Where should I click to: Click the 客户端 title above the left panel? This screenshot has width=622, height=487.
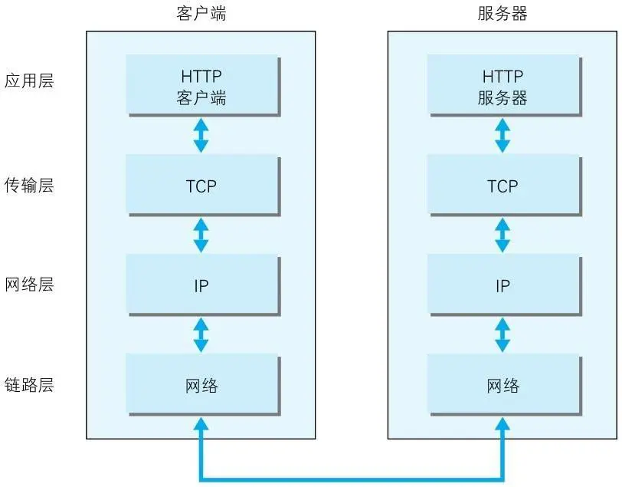click(201, 14)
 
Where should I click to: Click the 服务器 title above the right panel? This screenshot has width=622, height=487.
click(503, 14)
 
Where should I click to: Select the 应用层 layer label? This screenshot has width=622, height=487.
click(29, 81)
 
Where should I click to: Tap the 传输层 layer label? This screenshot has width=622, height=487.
click(29, 185)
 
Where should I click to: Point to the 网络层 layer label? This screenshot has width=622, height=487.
click(29, 285)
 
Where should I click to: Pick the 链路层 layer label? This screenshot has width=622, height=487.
click(29, 384)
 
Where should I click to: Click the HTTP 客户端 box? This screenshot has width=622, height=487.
click(201, 87)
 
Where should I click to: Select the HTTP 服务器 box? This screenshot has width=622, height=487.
click(503, 87)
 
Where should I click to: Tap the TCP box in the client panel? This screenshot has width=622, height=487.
click(201, 186)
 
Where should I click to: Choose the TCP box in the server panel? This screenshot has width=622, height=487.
click(503, 186)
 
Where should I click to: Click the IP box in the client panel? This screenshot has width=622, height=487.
click(201, 285)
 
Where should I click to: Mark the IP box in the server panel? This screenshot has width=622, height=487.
click(503, 285)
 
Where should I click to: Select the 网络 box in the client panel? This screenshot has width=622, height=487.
click(201, 385)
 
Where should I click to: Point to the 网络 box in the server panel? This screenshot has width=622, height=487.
click(503, 385)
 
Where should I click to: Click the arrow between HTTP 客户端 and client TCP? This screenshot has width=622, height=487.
click(201, 136)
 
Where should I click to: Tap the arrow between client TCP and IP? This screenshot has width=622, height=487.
click(201, 235)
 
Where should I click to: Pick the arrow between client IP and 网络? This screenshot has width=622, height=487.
click(201, 334)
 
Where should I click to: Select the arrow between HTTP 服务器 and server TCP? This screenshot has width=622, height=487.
click(503, 136)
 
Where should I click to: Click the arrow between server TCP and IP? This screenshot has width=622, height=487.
click(503, 235)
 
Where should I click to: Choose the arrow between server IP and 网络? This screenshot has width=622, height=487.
click(503, 334)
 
